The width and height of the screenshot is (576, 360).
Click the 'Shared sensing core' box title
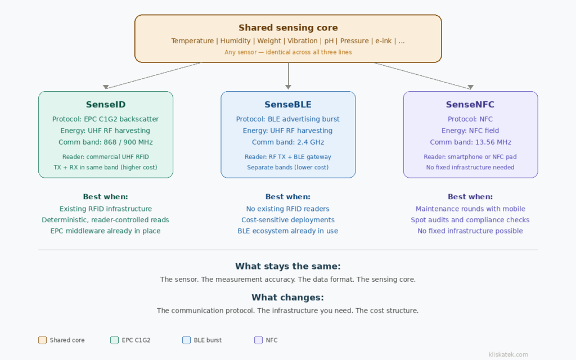point(288,28)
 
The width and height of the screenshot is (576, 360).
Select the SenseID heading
point(106,105)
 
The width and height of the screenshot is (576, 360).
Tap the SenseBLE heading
point(288,105)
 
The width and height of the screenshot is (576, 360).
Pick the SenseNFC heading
point(470,105)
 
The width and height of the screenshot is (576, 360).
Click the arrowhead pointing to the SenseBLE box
point(288,87)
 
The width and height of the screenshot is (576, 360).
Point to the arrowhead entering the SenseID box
point(106,87)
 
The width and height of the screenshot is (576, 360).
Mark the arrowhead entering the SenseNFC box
point(470,87)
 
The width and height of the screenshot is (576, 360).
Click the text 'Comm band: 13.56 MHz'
point(470,142)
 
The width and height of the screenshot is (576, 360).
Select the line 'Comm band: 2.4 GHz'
point(288,142)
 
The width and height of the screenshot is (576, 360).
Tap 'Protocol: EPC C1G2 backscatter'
point(106,119)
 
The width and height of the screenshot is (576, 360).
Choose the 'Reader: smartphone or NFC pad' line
point(470,157)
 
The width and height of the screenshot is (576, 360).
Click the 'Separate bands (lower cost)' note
point(288,168)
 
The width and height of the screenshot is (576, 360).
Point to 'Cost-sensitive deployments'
point(288,220)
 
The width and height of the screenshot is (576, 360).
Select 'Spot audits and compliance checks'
point(470,220)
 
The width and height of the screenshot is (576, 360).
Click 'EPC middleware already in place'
point(106,231)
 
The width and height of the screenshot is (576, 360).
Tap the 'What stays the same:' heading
point(288,267)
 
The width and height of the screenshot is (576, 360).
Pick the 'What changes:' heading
point(288,298)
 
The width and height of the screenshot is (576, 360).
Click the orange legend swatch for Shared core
point(42,340)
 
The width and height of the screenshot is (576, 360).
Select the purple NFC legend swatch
point(258,340)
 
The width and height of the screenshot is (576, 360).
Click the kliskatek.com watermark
point(508,354)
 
